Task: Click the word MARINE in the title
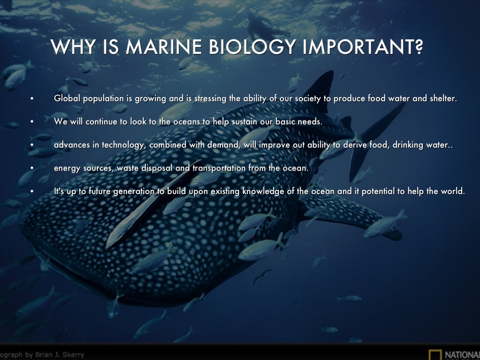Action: (x=164, y=47)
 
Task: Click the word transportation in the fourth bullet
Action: (x=219, y=168)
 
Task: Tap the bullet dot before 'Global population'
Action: (x=31, y=98)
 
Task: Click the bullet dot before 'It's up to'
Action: (x=31, y=192)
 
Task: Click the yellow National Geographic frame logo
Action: (x=435, y=355)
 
